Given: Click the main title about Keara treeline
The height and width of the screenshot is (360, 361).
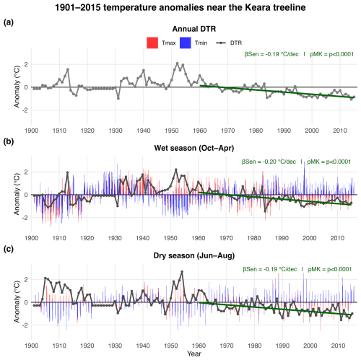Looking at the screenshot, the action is [x=180, y=7].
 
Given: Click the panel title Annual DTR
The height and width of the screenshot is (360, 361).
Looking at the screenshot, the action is [x=194, y=29].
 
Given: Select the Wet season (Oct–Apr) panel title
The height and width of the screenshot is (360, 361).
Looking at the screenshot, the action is [x=194, y=148].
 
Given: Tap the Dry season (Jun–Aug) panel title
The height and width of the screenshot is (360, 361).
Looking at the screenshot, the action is [x=194, y=255].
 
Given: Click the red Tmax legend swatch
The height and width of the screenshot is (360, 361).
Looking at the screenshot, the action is [x=152, y=43].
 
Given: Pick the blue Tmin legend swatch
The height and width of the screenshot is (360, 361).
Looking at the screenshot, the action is [x=186, y=43].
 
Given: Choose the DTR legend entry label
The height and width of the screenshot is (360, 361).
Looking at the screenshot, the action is [x=236, y=43].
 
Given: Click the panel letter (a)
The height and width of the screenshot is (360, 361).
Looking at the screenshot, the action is [x=9, y=22].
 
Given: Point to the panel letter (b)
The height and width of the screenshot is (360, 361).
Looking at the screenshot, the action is [x=9, y=141].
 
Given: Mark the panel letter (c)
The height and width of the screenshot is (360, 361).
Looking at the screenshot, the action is [x=9, y=249].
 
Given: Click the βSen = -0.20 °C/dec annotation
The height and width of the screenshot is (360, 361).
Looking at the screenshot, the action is [x=269, y=162].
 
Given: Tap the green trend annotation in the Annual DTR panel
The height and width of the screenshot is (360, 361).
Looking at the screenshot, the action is [x=299, y=54].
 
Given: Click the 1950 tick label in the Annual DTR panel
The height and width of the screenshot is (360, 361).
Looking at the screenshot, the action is [x=172, y=131].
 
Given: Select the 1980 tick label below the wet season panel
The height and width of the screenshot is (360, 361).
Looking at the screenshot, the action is [x=254, y=238].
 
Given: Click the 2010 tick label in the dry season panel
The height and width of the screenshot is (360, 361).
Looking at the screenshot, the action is [x=338, y=346].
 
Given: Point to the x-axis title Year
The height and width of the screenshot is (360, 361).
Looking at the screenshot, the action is [x=194, y=354].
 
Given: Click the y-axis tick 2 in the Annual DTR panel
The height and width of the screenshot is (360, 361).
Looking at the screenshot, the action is [x=26, y=64].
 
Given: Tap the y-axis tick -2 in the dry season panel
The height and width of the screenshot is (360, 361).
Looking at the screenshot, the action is [x=25, y=325].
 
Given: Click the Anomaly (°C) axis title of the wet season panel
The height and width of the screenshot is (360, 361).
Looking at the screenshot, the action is [x=17, y=194].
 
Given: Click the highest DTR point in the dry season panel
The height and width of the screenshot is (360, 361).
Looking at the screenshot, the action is [x=182, y=271].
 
